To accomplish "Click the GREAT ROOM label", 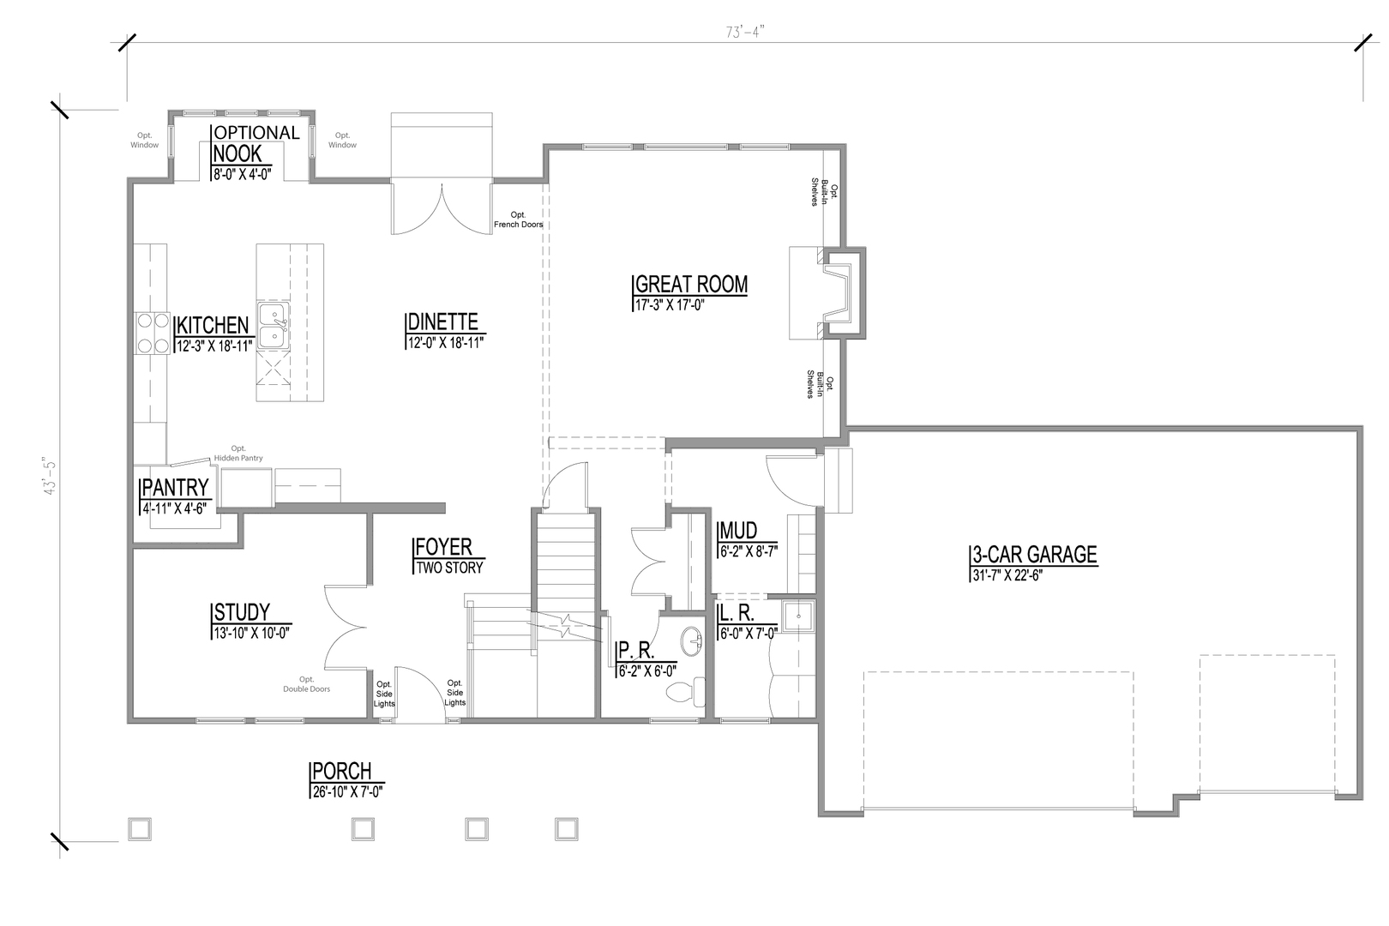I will coord(691,285).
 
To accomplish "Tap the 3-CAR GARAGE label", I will coord(1033,555).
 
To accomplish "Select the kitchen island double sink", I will coord(274,326).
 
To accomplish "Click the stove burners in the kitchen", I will coord(151,333).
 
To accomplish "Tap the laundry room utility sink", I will coord(798,616).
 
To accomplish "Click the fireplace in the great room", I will coord(836,292).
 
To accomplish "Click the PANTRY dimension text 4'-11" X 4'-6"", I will coord(176,508).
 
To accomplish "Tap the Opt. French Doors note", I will coord(518,219).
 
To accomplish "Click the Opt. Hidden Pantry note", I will coord(238,454).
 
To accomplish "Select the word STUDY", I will coord(242,612).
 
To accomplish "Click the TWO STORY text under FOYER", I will coord(449,567).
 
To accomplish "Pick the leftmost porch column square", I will coord(140,828).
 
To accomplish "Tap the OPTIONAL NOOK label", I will coord(256,143).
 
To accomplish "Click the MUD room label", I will coord(738,531).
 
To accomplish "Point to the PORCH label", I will coord(341,771).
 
